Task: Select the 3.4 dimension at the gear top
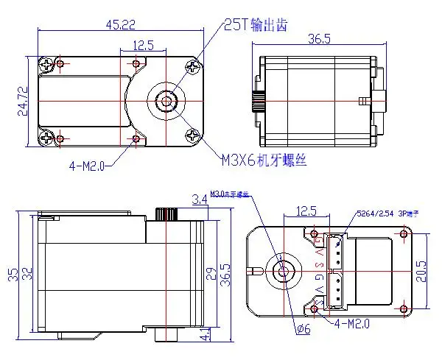pos(198,198)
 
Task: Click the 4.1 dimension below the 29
pos(204,334)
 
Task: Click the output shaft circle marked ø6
pos(282,270)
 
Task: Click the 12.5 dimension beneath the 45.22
pos(144,46)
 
